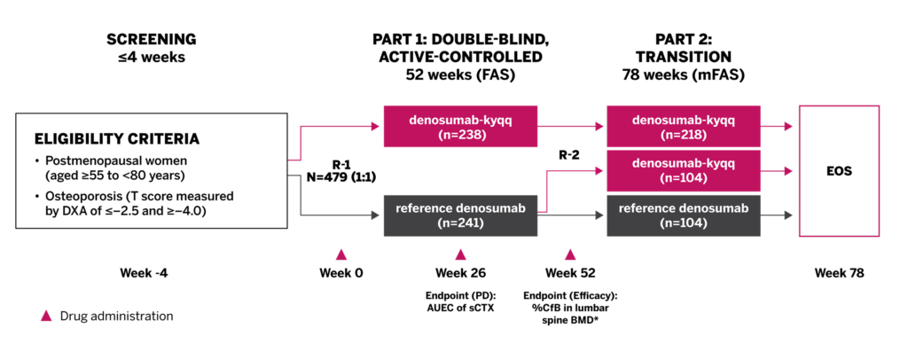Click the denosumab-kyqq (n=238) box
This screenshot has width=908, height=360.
point(460,127)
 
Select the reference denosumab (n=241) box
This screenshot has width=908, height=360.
point(460,215)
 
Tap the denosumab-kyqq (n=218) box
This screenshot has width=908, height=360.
point(684,127)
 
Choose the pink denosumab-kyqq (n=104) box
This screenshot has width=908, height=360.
point(684,170)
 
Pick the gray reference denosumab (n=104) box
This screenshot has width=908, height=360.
point(684,215)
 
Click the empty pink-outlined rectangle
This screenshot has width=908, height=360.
point(839,171)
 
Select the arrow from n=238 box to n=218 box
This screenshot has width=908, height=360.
point(571,127)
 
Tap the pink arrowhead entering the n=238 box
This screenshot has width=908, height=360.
point(376,127)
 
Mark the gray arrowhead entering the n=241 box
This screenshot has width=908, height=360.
point(376,215)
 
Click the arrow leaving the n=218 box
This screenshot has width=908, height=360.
point(778,127)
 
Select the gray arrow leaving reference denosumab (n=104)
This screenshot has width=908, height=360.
point(778,215)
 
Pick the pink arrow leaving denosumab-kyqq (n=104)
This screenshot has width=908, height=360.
point(778,171)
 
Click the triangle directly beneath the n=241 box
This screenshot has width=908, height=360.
point(460,255)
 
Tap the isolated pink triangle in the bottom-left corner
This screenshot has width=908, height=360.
point(46,316)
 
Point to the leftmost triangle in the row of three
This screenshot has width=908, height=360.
point(340,255)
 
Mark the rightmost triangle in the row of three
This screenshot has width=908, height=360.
point(570,255)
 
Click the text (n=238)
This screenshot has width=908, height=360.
point(461,136)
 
